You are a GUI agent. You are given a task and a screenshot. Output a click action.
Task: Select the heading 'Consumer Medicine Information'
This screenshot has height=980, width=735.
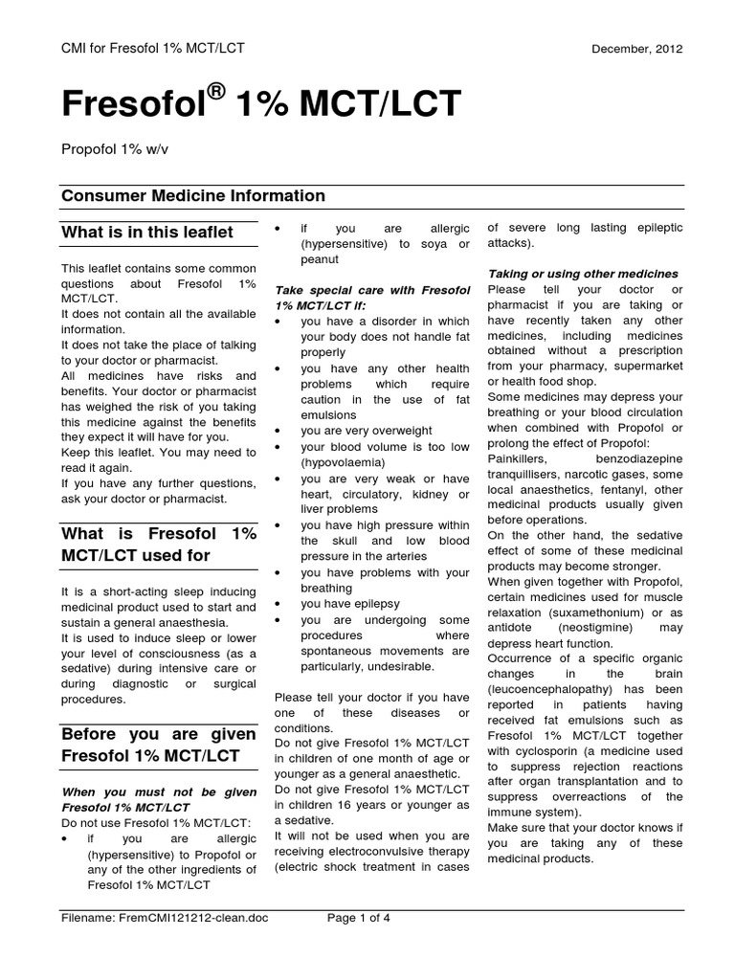[x=193, y=196]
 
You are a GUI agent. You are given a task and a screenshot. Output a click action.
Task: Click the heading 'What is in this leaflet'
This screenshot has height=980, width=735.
[x=146, y=232]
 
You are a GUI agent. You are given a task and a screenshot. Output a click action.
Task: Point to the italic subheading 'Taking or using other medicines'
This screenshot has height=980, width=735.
[x=583, y=274]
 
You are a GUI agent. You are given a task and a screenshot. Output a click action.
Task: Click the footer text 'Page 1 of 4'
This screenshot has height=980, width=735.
[x=360, y=918]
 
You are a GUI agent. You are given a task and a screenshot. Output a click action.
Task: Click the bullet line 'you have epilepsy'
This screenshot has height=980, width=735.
[x=350, y=604]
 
